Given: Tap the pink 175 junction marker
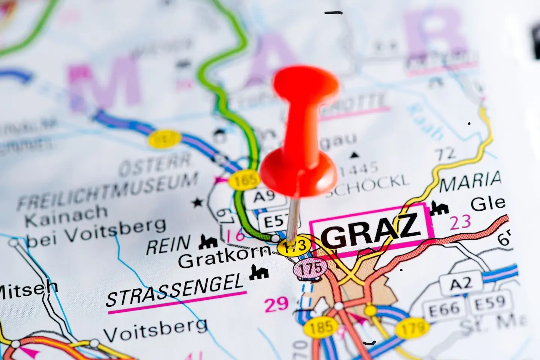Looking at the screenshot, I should (310, 268).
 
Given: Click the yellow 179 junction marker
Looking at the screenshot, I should (412, 328).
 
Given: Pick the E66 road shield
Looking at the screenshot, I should (441, 309).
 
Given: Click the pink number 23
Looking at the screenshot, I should (460, 222).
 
